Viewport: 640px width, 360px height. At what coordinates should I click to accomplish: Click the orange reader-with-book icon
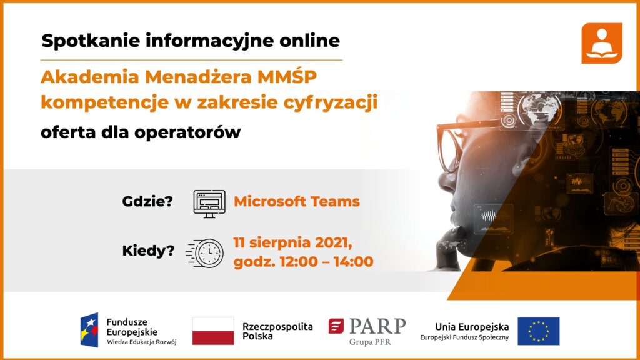pos(602,43)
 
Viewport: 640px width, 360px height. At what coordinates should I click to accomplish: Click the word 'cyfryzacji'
pos(330,103)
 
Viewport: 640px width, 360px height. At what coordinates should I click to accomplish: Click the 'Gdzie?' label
pos(147,201)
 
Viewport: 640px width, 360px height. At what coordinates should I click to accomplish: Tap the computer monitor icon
pos(209,204)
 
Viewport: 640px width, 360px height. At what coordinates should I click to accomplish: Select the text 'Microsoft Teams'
pos(297,201)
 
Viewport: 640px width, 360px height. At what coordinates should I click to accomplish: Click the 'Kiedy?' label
pos(148,251)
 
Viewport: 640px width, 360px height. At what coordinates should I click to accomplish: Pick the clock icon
pos(206,253)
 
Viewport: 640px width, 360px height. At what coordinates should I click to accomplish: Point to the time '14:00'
pos(353,262)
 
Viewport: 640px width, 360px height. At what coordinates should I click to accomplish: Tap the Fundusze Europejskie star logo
pos(89,330)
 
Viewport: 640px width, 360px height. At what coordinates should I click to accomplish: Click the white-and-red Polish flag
pos(213,331)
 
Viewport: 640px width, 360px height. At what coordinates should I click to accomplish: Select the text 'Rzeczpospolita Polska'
pos(277,331)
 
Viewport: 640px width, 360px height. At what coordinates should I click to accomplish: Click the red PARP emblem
pos(336,326)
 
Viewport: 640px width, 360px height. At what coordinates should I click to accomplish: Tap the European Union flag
pos(538,331)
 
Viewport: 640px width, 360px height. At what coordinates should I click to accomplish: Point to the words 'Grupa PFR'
pos(370,342)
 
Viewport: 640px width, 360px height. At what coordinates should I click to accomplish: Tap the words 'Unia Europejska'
pos(472,327)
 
